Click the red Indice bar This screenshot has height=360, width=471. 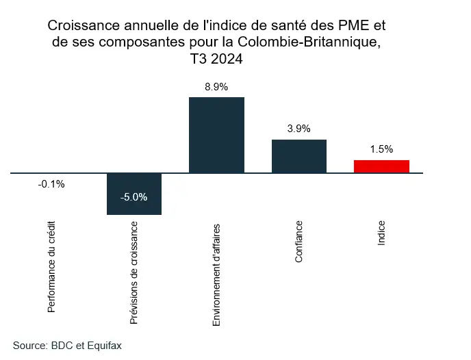(x=381, y=166)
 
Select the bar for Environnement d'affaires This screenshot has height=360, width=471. (x=216, y=135)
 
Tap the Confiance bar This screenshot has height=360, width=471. (x=299, y=156)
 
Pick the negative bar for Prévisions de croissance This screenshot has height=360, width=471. (x=134, y=194)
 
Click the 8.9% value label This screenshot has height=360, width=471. (x=216, y=87)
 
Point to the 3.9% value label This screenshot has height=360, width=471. (x=299, y=129)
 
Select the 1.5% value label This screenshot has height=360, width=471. (x=381, y=149)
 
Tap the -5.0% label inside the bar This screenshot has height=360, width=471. (x=133, y=197)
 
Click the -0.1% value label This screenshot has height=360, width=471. (x=51, y=183)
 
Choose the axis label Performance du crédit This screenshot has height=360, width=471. (x=52, y=267)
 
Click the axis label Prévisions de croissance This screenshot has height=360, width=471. (x=134, y=272)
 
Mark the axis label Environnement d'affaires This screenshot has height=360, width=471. (x=216, y=273)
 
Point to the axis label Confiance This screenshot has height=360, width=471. (x=299, y=242)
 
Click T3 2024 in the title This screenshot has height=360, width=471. (x=216, y=60)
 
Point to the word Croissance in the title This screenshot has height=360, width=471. (x=81, y=27)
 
